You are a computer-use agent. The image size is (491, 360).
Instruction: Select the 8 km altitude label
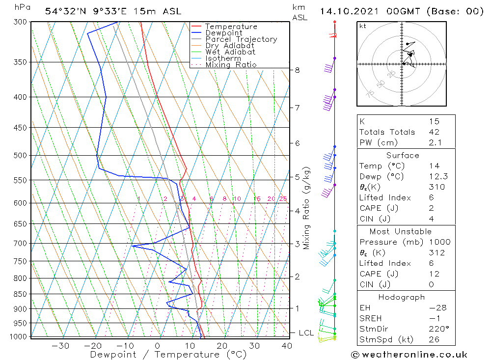click(x=297, y=70)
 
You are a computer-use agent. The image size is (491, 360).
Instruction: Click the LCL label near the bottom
click(x=306, y=333)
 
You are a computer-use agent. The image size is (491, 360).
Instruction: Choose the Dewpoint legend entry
click(x=224, y=33)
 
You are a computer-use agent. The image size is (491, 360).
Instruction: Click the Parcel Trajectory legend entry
click(x=241, y=39)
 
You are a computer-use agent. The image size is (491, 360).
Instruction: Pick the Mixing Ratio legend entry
click(x=231, y=65)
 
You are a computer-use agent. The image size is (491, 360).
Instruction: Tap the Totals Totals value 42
click(x=434, y=132)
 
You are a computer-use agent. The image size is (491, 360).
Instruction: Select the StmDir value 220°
click(x=436, y=329)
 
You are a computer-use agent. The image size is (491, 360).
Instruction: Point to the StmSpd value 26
click(x=434, y=340)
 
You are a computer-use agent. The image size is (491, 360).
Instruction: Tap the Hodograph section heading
click(x=402, y=297)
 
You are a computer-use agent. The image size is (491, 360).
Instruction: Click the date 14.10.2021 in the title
click(x=350, y=11)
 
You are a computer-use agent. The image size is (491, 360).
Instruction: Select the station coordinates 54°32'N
click(x=63, y=11)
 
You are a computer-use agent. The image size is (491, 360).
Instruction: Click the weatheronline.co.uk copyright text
click(x=409, y=355)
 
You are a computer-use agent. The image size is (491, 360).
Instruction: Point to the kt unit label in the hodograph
click(x=363, y=26)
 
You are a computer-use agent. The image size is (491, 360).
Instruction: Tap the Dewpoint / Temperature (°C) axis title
click(x=168, y=355)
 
